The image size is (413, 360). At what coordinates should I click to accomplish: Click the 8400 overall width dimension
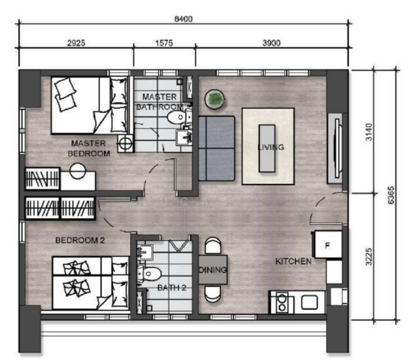tap(183, 19)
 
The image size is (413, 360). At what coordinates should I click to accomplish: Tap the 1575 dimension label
tap(164, 43)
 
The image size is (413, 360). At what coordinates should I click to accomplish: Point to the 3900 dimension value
tap(271, 43)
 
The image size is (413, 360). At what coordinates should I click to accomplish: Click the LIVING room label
tap(270, 147)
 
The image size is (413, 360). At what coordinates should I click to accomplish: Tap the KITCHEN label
tap(293, 262)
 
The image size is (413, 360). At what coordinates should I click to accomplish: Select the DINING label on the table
tap(213, 271)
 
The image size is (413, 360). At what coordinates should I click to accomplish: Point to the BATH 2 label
tap(172, 288)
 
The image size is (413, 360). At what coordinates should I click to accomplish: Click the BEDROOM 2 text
tap(80, 241)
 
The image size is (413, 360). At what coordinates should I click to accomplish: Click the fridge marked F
tap(327, 245)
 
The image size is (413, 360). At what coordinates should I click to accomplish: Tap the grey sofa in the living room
tap(217, 148)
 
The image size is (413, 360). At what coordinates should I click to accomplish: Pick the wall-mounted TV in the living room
tap(336, 146)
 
